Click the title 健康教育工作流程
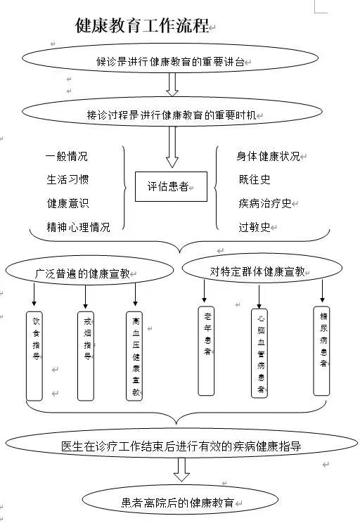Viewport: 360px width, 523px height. [x=142, y=25]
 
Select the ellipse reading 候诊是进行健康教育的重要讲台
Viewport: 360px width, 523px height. [x=170, y=58]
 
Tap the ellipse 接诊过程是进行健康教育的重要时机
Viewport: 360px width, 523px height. [x=172, y=112]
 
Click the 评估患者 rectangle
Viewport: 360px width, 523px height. [x=171, y=186]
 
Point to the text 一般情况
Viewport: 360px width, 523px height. [x=67, y=156]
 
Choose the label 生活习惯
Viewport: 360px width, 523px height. [x=67, y=179]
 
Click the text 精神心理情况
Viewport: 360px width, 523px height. [x=79, y=227]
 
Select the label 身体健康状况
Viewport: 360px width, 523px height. [x=269, y=156]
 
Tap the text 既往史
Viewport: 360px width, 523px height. [x=255, y=179]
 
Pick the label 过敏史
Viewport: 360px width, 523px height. [x=255, y=227]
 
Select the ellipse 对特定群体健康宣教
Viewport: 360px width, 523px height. [x=262, y=268]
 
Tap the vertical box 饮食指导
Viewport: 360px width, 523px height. [x=34, y=356]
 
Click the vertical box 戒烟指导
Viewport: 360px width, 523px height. [x=86, y=356]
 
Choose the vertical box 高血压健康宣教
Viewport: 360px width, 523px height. [x=134, y=356]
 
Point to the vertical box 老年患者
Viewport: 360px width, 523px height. [x=206, y=351]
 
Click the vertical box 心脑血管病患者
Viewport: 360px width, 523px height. [x=259, y=354]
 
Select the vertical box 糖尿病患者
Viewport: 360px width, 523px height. [x=321, y=351]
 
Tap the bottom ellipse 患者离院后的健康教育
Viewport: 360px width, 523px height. [x=180, y=500]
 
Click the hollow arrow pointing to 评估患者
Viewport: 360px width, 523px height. [x=172, y=147]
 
